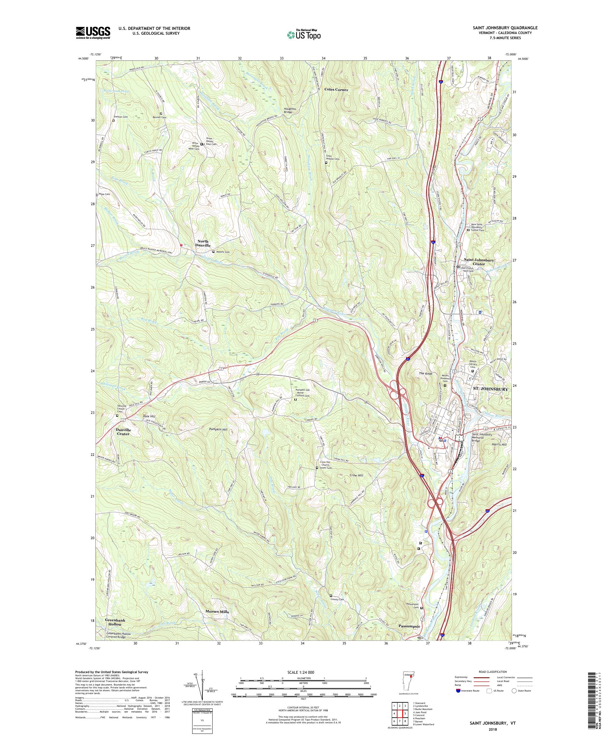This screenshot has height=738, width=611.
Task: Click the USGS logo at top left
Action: pos(93,33)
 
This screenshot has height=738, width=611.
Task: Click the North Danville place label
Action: pos(202,243)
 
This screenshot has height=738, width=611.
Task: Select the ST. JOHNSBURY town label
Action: pos(490,389)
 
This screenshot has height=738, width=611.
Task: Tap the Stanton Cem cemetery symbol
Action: pos(114,121)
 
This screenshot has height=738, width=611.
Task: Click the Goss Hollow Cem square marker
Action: pos(326,163)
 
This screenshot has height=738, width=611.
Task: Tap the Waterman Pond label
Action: pos(116,91)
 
